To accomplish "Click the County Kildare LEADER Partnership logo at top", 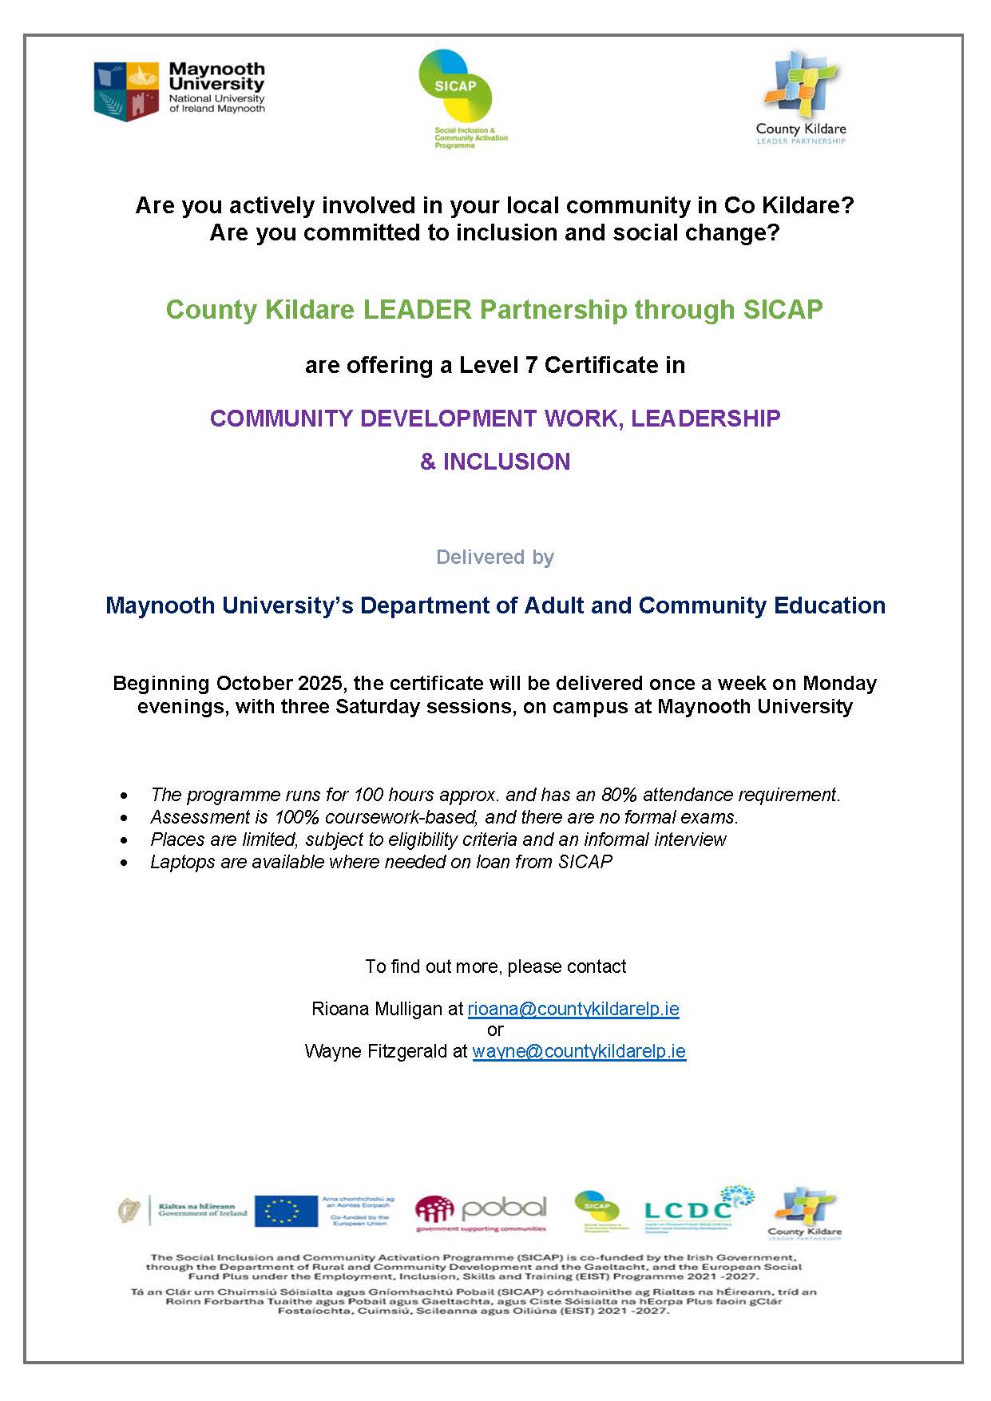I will (800, 97).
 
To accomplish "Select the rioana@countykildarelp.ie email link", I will (573, 1009).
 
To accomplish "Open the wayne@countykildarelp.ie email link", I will (579, 1051).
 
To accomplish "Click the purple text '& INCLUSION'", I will (495, 462).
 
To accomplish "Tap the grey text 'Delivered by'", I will (495, 557).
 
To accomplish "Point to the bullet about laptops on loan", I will (381, 862).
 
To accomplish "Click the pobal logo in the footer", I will (482, 1212).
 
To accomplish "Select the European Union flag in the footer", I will (287, 1211).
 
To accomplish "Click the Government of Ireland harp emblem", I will (128, 1210).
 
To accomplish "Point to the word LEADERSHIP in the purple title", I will (705, 419).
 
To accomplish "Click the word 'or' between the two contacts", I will (495, 1030).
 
